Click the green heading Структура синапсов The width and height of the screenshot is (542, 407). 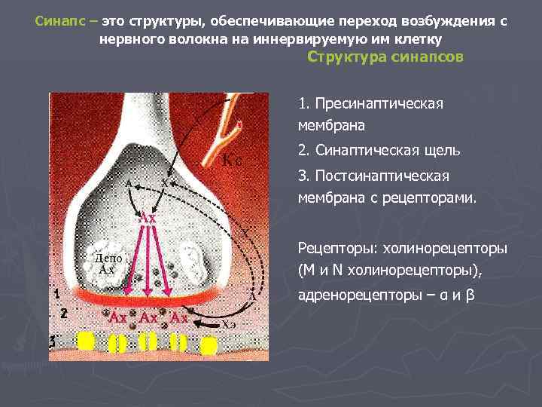pos(386,57)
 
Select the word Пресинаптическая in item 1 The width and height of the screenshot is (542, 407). pos(379,103)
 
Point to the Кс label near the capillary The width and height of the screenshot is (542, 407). pos(233,161)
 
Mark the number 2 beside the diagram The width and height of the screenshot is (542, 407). pos(64,312)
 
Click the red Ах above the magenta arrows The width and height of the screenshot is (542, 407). pos(148,218)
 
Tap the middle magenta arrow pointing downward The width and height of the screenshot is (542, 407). pos(149,260)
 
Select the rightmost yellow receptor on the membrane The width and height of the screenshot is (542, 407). pos(209,345)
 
